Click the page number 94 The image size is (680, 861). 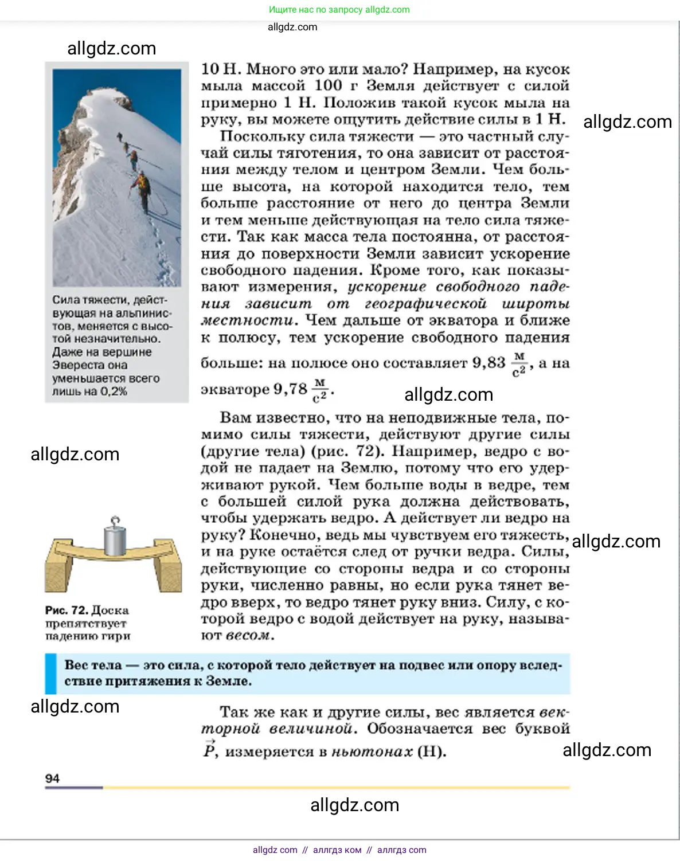click(x=52, y=778)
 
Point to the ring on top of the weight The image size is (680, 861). click(x=115, y=521)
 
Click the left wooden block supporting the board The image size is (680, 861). click(x=60, y=570)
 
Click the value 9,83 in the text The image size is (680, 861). click(x=488, y=363)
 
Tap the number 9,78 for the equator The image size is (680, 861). click(x=290, y=389)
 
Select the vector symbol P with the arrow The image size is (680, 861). click(x=209, y=750)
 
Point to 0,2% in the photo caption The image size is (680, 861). click(x=114, y=392)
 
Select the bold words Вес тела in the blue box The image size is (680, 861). click(x=93, y=665)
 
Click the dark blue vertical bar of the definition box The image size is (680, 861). click(x=51, y=674)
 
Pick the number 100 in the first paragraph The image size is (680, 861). click(x=328, y=86)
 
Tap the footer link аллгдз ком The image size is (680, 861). click(x=337, y=850)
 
